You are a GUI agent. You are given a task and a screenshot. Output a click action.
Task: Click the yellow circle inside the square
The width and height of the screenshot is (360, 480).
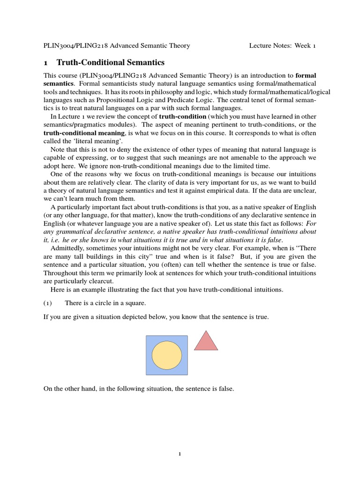point(166,355)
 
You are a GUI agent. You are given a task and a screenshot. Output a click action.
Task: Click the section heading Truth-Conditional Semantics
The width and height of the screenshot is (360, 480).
point(111,62)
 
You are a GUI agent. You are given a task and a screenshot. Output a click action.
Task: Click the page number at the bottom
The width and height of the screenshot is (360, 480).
point(180,454)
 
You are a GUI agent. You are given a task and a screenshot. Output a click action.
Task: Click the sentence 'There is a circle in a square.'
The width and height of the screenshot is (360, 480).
point(105,303)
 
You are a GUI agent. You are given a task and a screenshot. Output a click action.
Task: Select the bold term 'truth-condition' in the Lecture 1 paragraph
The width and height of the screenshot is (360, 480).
point(182,116)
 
